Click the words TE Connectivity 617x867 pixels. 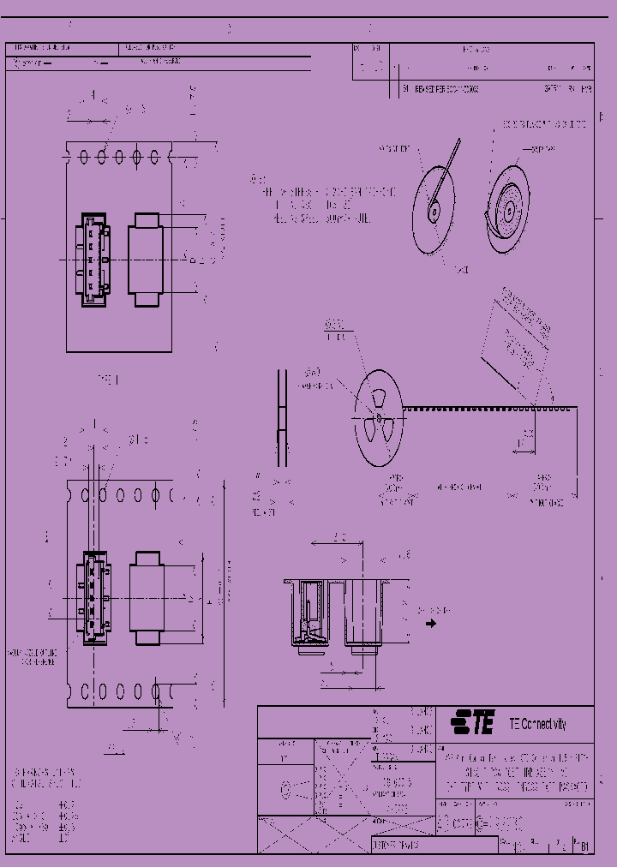coord(537,724)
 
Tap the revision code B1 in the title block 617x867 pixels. coord(584,847)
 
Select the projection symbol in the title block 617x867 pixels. coord(290,789)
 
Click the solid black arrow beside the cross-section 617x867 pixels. coord(430,624)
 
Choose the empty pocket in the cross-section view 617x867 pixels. coord(367,613)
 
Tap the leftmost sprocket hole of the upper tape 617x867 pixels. coord(84,157)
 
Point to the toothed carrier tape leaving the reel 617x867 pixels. coord(480,409)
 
